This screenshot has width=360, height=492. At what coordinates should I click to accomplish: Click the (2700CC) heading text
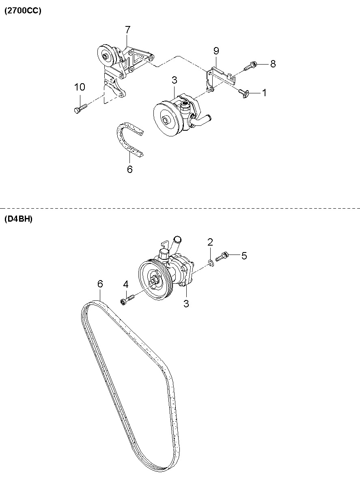click(23, 11)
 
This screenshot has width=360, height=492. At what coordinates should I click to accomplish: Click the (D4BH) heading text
click(18, 219)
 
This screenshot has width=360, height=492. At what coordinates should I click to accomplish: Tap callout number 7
click(127, 30)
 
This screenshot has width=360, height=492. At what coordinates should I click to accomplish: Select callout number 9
click(216, 51)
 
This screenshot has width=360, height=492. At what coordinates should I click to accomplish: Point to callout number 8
click(273, 64)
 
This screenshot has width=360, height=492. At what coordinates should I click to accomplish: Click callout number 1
click(265, 93)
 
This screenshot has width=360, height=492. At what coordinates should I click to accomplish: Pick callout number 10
click(80, 87)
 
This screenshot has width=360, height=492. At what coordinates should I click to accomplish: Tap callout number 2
click(210, 242)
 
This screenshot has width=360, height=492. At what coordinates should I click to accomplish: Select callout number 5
click(244, 256)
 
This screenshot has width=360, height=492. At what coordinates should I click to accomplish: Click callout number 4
click(126, 285)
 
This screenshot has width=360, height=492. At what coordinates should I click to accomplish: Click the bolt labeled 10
click(80, 108)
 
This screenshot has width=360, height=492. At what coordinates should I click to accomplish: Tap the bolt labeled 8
click(250, 66)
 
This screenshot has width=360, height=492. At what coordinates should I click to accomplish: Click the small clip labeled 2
click(211, 263)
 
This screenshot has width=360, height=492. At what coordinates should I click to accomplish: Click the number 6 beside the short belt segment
click(130, 169)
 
